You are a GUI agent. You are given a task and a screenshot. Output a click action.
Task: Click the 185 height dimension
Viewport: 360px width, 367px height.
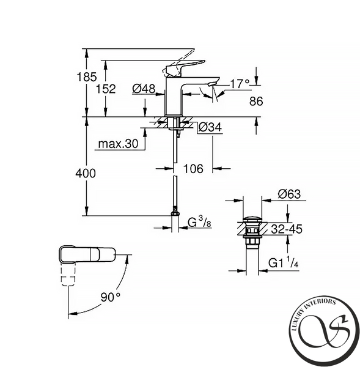[87, 77]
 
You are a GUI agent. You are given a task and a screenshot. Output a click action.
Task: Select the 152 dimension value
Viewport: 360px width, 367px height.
[106, 89]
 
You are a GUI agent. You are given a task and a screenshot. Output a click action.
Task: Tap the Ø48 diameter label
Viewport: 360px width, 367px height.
[144, 89]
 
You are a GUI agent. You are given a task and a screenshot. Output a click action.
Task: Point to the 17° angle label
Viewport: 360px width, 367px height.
[240, 84]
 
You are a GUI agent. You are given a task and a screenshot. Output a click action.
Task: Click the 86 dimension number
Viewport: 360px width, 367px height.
[256, 102]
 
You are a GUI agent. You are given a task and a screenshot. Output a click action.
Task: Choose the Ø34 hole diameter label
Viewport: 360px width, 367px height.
[210, 128]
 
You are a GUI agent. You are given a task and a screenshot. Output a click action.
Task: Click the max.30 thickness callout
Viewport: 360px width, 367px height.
[118, 144]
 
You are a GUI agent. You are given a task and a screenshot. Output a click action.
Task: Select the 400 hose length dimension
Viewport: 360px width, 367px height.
[86, 174]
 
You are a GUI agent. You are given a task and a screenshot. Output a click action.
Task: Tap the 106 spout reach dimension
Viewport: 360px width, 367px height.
[193, 169]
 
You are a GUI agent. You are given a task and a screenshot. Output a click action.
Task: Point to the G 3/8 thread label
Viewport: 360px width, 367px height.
[199, 223]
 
